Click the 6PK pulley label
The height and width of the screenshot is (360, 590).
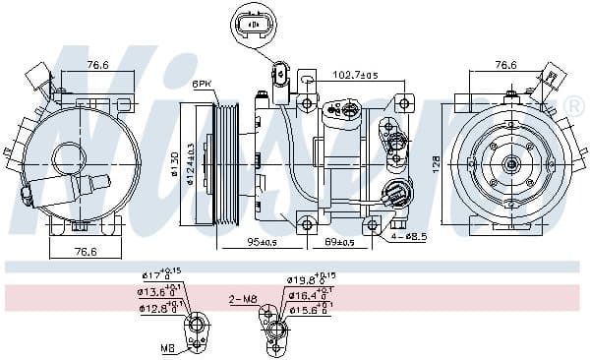point(204,85)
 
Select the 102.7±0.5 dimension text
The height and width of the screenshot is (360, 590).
point(356,74)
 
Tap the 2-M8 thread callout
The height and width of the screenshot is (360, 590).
point(243,298)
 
